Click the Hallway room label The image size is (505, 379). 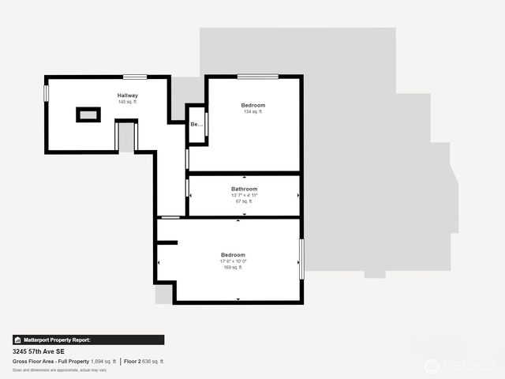coord(128,96)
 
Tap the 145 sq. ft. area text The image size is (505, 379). coord(128,102)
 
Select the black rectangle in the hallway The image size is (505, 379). coord(88,114)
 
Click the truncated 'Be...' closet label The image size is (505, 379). coord(195,125)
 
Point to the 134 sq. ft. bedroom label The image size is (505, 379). coord(253,105)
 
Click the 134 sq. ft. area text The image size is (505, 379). coord(253,111)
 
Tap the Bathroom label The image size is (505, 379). coord(244,189)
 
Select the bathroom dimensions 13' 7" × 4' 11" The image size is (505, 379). coord(244,195)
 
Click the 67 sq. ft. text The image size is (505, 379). coord(244,201)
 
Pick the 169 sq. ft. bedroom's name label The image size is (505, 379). coord(233,254)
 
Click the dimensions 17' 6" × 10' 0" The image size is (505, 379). coord(233,261)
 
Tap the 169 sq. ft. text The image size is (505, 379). coord(233,268)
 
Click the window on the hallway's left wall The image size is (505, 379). coord(47,93)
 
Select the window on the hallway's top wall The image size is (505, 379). coord(134,77)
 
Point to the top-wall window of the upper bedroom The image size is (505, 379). coord(257,77)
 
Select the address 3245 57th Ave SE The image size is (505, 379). coord(39,351)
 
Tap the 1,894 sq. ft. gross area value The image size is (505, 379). coord(103,361)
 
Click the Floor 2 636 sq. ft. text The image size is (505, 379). coord(144,361)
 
